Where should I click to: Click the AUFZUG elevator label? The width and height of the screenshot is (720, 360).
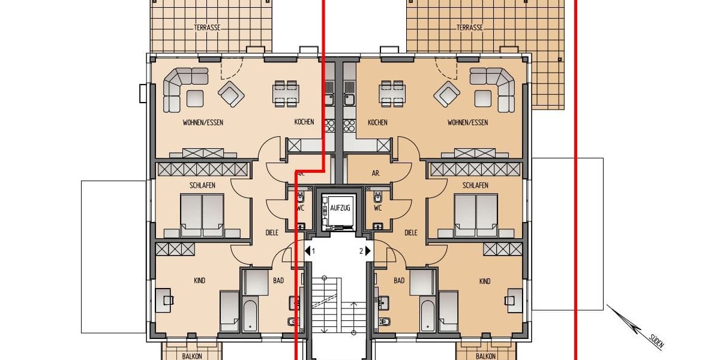coord(339,208)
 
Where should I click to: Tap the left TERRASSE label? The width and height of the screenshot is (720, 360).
coord(206,28)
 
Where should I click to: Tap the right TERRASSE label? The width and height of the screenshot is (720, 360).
coord(469,28)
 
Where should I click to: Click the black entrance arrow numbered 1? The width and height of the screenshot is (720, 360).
coord(308,251)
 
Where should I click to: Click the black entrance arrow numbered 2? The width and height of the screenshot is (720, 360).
coord(368,251)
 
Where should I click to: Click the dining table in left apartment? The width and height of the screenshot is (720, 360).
coord(286,94)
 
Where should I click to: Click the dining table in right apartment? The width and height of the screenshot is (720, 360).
coord(392,94)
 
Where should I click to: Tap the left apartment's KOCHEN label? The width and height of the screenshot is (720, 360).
coord(304,122)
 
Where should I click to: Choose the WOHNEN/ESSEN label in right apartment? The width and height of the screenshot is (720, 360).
coord(467,122)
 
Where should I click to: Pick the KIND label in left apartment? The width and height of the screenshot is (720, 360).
coord(199,281)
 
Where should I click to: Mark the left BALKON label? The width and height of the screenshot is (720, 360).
coord(192,356)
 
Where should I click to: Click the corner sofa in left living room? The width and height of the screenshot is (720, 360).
coord(180,88)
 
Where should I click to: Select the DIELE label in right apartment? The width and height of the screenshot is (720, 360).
coord(411,233)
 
